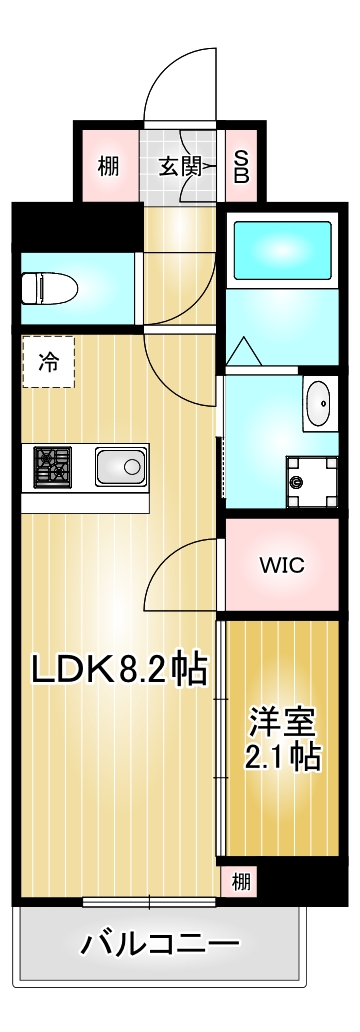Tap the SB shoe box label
tap(242, 166)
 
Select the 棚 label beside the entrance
tap(108, 166)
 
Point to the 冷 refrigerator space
tap(47, 362)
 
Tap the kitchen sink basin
tap(121, 466)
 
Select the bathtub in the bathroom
tap(281, 250)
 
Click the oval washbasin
tap(319, 405)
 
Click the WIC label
tap(282, 565)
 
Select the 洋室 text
tap(283, 720)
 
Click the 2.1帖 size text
tap(283, 757)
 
